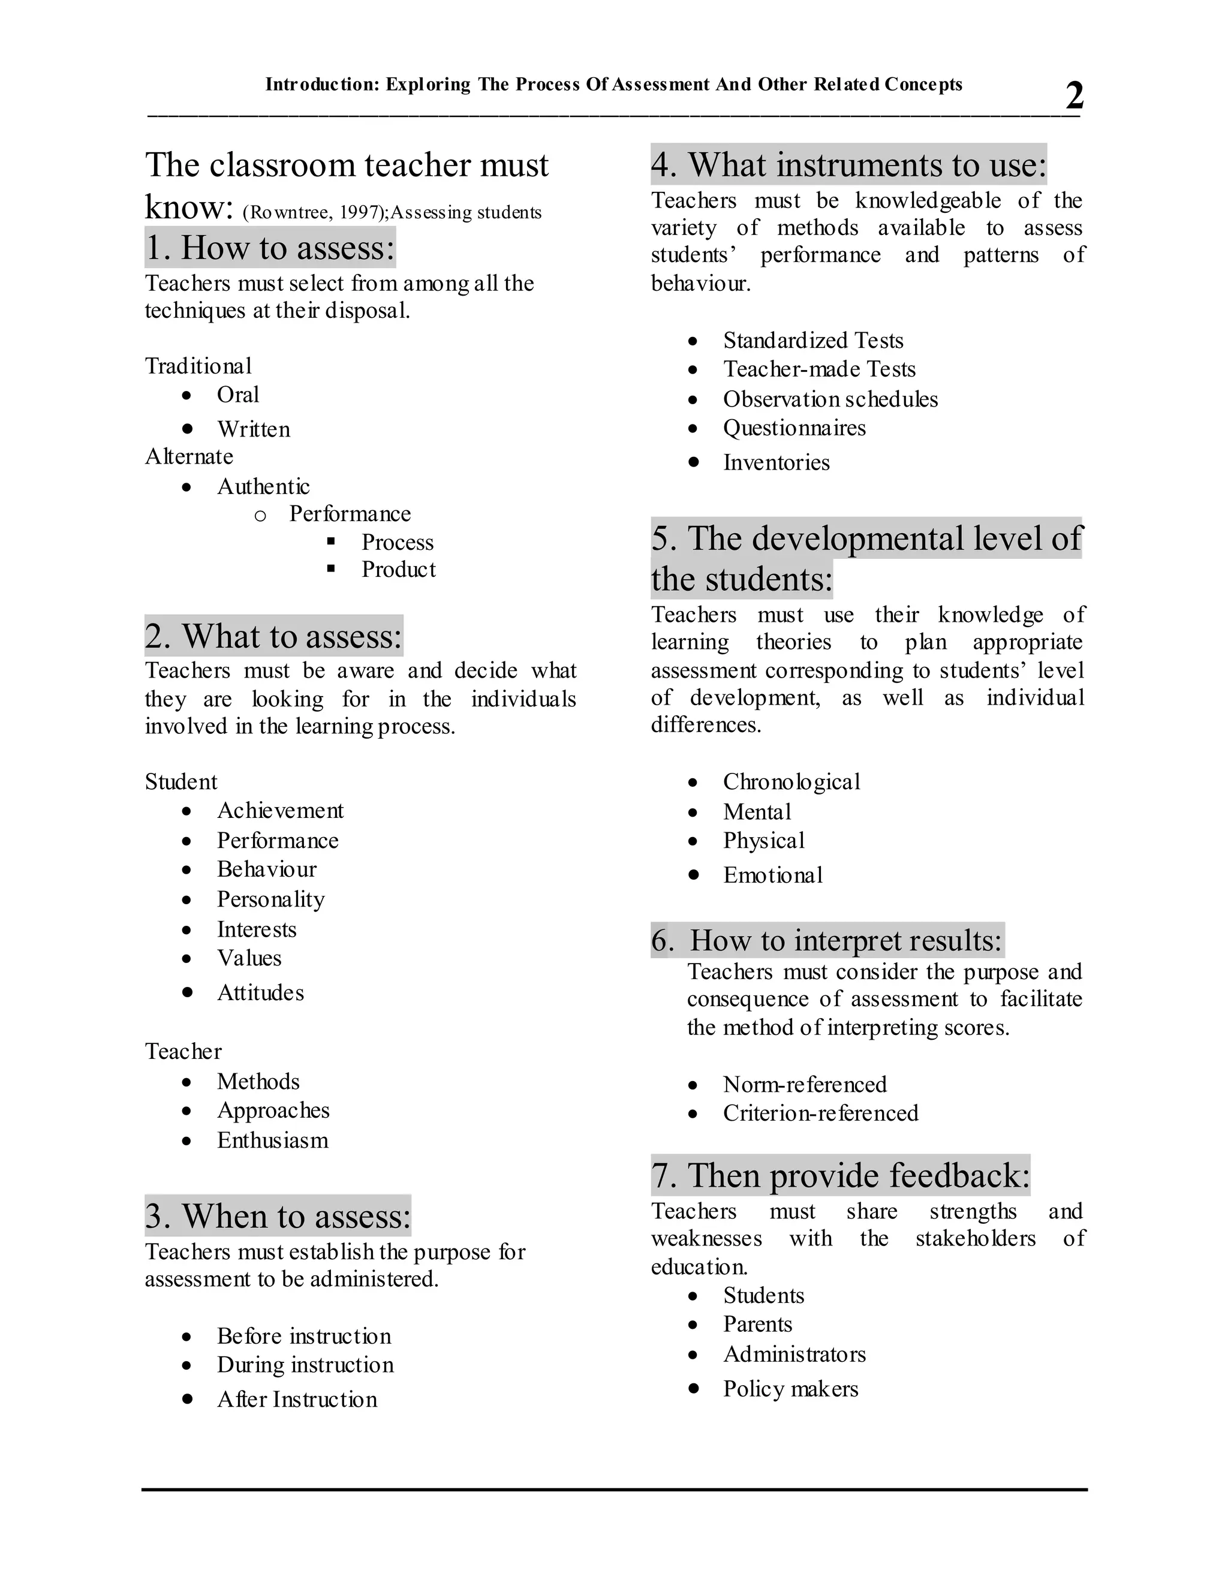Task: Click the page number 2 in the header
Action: pos(1074,95)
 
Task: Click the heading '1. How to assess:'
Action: pos(270,248)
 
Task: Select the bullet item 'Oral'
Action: pos(238,395)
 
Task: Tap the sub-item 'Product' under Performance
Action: pos(399,570)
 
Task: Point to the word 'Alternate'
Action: pos(189,456)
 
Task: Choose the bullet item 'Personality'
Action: pos(270,899)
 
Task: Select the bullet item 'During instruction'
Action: pos(305,1365)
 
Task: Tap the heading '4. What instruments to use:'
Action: pos(848,164)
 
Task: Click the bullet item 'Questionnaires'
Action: pos(794,428)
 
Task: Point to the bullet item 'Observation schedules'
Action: pos(830,399)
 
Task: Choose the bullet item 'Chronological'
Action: pos(791,781)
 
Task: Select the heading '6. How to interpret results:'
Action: pos(828,940)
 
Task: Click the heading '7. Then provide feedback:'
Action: pos(840,1175)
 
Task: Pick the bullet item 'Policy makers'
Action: pos(791,1389)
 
